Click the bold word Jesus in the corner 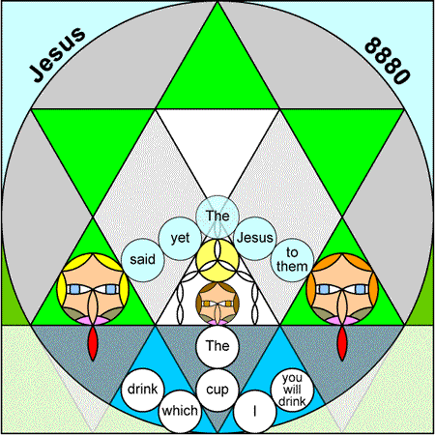point(57,54)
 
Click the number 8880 point(388,61)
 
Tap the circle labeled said point(143,260)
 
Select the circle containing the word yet point(180,239)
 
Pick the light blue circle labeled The point(217,217)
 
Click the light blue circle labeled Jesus point(255,239)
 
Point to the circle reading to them point(292,260)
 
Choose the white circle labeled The point(217,346)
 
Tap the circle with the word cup point(217,390)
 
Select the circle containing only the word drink point(143,390)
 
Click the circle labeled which point(180,412)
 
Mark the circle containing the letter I point(255,412)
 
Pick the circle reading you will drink point(292,390)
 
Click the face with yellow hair point(93,289)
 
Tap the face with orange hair point(342,289)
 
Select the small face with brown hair point(217,304)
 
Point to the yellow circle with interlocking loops point(217,260)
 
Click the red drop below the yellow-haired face point(93,343)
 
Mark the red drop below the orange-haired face point(342,343)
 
